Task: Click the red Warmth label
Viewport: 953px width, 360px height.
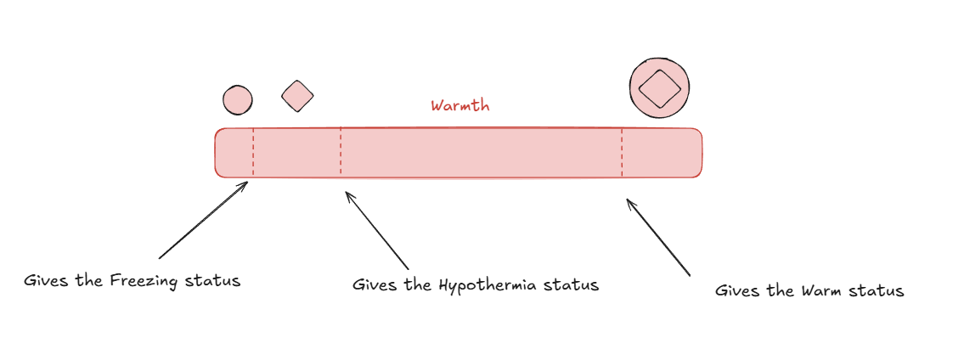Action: (x=460, y=106)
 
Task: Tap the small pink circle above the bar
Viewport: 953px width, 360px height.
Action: (x=238, y=100)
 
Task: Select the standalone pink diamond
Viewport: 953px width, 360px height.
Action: (x=297, y=96)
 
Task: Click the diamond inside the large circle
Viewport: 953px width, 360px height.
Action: (x=659, y=88)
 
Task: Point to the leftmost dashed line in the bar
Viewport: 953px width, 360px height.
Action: (x=253, y=153)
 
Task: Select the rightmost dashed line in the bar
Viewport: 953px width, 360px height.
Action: (x=622, y=153)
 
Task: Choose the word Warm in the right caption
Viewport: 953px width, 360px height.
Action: (x=821, y=291)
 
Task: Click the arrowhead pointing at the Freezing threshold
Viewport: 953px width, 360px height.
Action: (x=245, y=182)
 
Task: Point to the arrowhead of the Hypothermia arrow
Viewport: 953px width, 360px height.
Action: (x=347, y=194)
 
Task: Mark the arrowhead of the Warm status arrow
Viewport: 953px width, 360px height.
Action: (x=629, y=201)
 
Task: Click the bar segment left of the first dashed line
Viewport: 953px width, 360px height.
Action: (x=234, y=153)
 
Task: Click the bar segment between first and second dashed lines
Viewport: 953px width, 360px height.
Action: (x=297, y=153)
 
